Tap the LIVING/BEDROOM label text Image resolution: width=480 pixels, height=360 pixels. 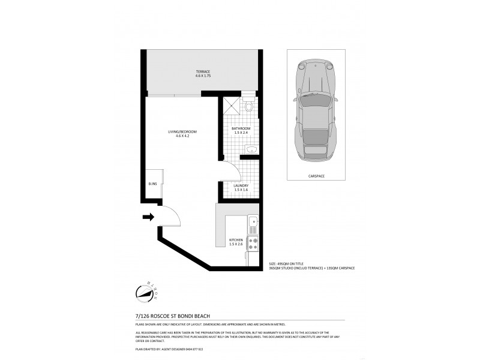pos(182,134)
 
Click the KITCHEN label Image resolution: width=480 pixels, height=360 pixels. pos(236,241)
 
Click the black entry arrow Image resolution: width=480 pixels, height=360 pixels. pos(148,217)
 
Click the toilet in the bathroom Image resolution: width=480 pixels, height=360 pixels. pos(249,106)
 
